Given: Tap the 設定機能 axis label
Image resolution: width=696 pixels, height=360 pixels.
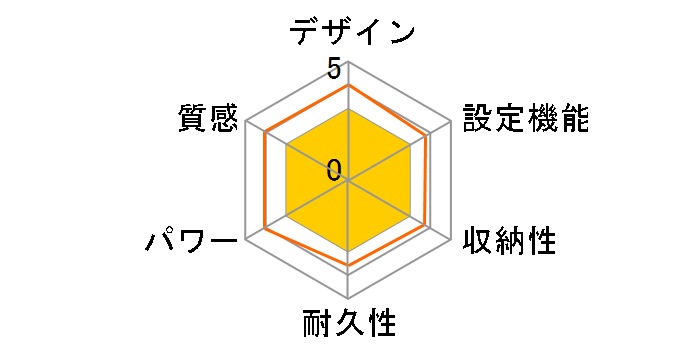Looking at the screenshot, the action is point(526,119).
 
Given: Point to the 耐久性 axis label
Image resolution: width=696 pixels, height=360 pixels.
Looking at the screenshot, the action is point(349,325).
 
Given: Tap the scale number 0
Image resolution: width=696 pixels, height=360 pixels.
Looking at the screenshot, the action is point(334,169).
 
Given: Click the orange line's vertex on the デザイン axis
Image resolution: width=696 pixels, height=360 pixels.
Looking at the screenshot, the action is point(348,85).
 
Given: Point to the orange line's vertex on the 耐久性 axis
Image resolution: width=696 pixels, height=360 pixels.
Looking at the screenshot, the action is point(348,265).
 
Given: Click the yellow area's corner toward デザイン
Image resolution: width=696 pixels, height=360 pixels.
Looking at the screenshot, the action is point(348,109).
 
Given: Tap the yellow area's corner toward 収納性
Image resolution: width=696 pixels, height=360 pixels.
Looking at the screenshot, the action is point(412,217).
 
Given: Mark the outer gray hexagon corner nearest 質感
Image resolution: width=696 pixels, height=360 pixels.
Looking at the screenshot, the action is point(246,122).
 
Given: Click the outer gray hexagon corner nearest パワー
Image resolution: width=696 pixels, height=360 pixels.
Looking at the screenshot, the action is point(246,239).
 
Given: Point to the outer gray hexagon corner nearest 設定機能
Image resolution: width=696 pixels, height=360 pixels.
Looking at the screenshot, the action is point(450,122).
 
